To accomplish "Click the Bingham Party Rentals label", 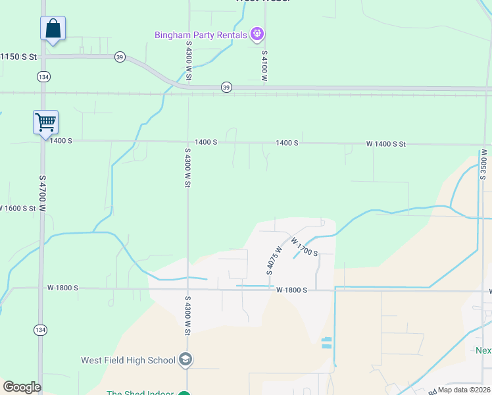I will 201,34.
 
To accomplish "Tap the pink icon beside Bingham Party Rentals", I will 257,34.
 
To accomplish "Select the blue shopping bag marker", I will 53,30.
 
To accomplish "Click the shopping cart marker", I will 45,122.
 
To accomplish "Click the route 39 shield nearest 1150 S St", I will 120,57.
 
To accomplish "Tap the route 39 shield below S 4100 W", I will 226,87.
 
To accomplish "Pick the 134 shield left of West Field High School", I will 41,329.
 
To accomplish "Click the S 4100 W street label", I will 264,66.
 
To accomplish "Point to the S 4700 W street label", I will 42,193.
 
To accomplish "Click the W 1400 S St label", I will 386,144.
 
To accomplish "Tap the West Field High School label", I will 128,360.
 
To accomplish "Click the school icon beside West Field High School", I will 185,359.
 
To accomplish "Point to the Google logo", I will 22,387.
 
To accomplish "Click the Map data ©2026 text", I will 464,390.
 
